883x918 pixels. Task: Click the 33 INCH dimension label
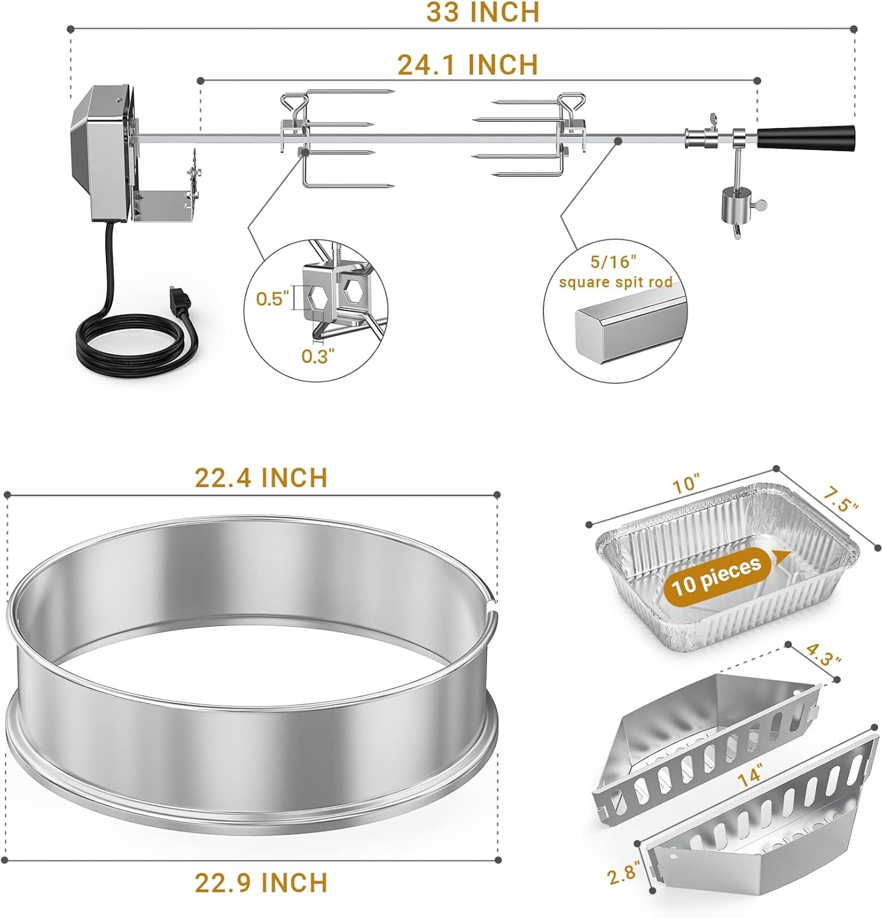(x=483, y=12)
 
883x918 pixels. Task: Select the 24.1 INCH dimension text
(x=468, y=64)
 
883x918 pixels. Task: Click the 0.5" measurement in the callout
(x=272, y=299)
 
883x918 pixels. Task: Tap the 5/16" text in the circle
(x=613, y=262)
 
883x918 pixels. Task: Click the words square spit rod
(x=615, y=282)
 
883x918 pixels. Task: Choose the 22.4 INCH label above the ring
(x=261, y=477)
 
